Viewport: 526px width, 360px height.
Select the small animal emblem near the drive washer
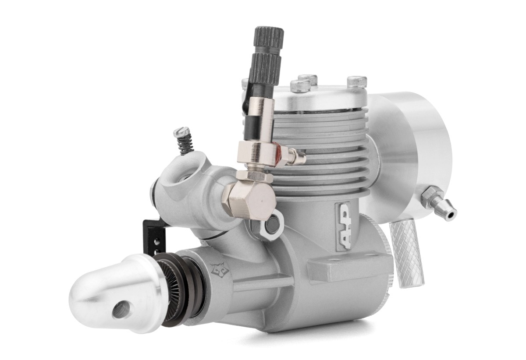pyautogui.click(x=219, y=269)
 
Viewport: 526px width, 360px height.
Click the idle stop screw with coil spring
pyautogui.click(x=184, y=141)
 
